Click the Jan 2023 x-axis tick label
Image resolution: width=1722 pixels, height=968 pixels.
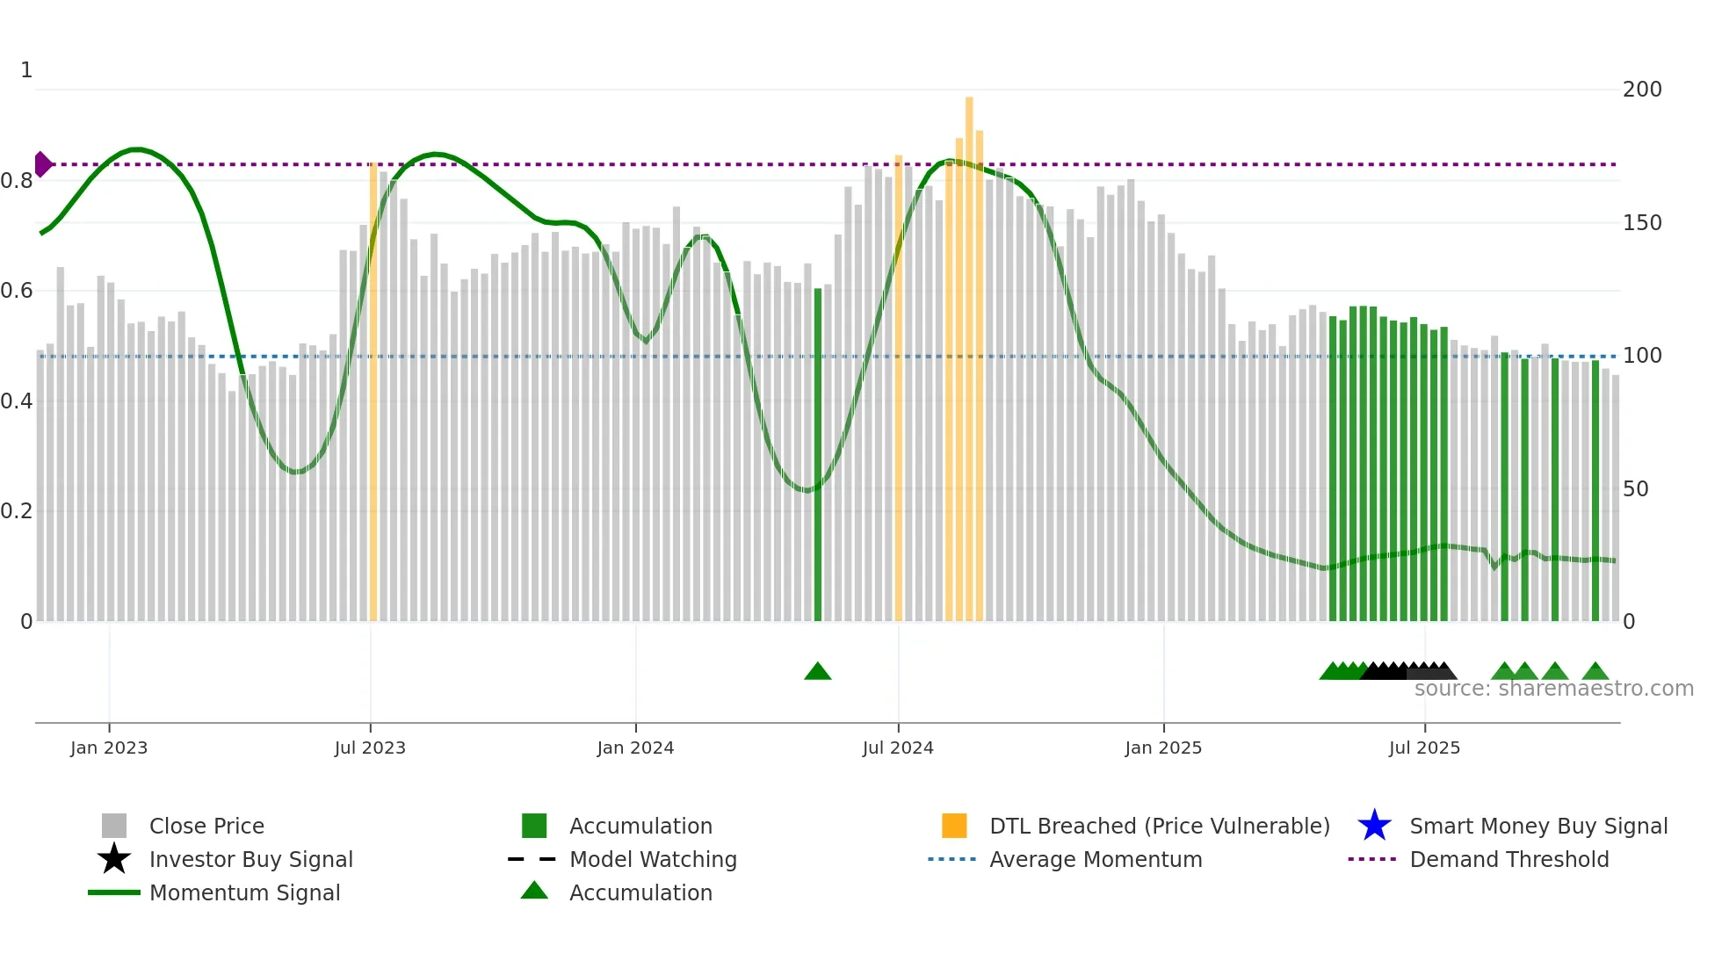[x=109, y=748]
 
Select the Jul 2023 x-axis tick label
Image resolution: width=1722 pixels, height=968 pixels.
[x=370, y=748]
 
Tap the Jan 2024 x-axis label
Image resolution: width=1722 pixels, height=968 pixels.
[x=635, y=748]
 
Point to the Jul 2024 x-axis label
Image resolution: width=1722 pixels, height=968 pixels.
[x=898, y=748]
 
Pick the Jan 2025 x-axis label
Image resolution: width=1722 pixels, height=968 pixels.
[x=1163, y=748]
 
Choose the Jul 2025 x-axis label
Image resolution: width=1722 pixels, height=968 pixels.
[x=1424, y=748]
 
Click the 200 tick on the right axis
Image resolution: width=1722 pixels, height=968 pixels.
[x=1642, y=90]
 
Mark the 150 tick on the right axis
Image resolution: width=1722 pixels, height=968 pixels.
[x=1642, y=223]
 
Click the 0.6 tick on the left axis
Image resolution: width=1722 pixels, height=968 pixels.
[x=17, y=291]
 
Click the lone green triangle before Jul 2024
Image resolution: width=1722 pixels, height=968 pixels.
[x=817, y=672]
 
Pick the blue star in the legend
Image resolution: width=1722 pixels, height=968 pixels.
[x=1374, y=826]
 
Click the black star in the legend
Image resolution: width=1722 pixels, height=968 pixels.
[x=114, y=859]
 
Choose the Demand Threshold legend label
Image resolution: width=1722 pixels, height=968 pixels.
[x=1509, y=859]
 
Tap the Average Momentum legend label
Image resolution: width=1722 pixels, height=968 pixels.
[x=1096, y=859]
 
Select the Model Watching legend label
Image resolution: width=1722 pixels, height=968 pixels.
[x=653, y=859]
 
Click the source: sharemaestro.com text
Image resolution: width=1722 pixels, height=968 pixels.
[x=1553, y=689]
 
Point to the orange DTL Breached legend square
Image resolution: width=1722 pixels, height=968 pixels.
[x=954, y=826]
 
